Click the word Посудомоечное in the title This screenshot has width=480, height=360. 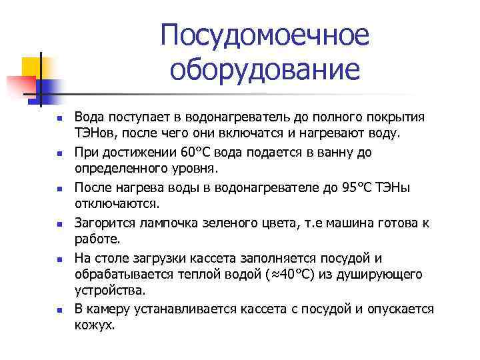264,36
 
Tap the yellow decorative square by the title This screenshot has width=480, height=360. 31,67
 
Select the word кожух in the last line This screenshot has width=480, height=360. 95,326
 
